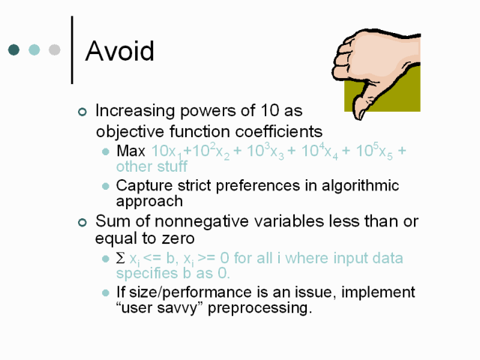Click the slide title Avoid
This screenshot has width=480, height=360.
[119, 51]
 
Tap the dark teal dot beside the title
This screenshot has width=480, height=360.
[13, 49]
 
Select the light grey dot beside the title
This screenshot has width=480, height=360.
[55, 49]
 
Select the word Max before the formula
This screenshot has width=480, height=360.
[130, 151]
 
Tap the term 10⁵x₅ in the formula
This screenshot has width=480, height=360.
[374, 151]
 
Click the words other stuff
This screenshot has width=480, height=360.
[151, 166]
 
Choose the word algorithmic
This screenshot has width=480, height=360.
[360, 186]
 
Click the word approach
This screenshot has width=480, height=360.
[149, 202]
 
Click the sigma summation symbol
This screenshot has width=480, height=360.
[121, 258]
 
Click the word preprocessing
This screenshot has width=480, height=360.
[260, 308]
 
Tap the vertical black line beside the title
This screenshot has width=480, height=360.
[72, 50]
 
